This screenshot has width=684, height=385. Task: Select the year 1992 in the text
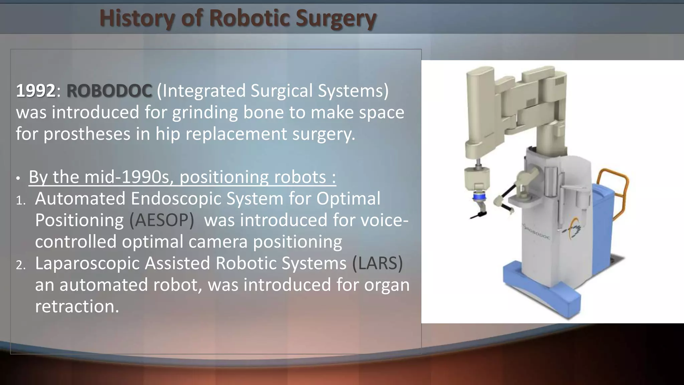click(x=35, y=91)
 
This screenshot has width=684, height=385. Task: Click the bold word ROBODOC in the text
click(x=109, y=91)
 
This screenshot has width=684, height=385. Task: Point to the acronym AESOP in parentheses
click(x=162, y=220)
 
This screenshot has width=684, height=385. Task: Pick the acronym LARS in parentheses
click(x=377, y=263)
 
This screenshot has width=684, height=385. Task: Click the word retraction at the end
click(x=77, y=306)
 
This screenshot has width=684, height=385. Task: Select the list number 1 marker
click(x=21, y=201)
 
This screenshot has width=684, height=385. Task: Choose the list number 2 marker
click(x=21, y=265)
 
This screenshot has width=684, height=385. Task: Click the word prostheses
click(x=87, y=134)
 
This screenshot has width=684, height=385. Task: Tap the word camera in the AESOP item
click(x=220, y=242)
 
